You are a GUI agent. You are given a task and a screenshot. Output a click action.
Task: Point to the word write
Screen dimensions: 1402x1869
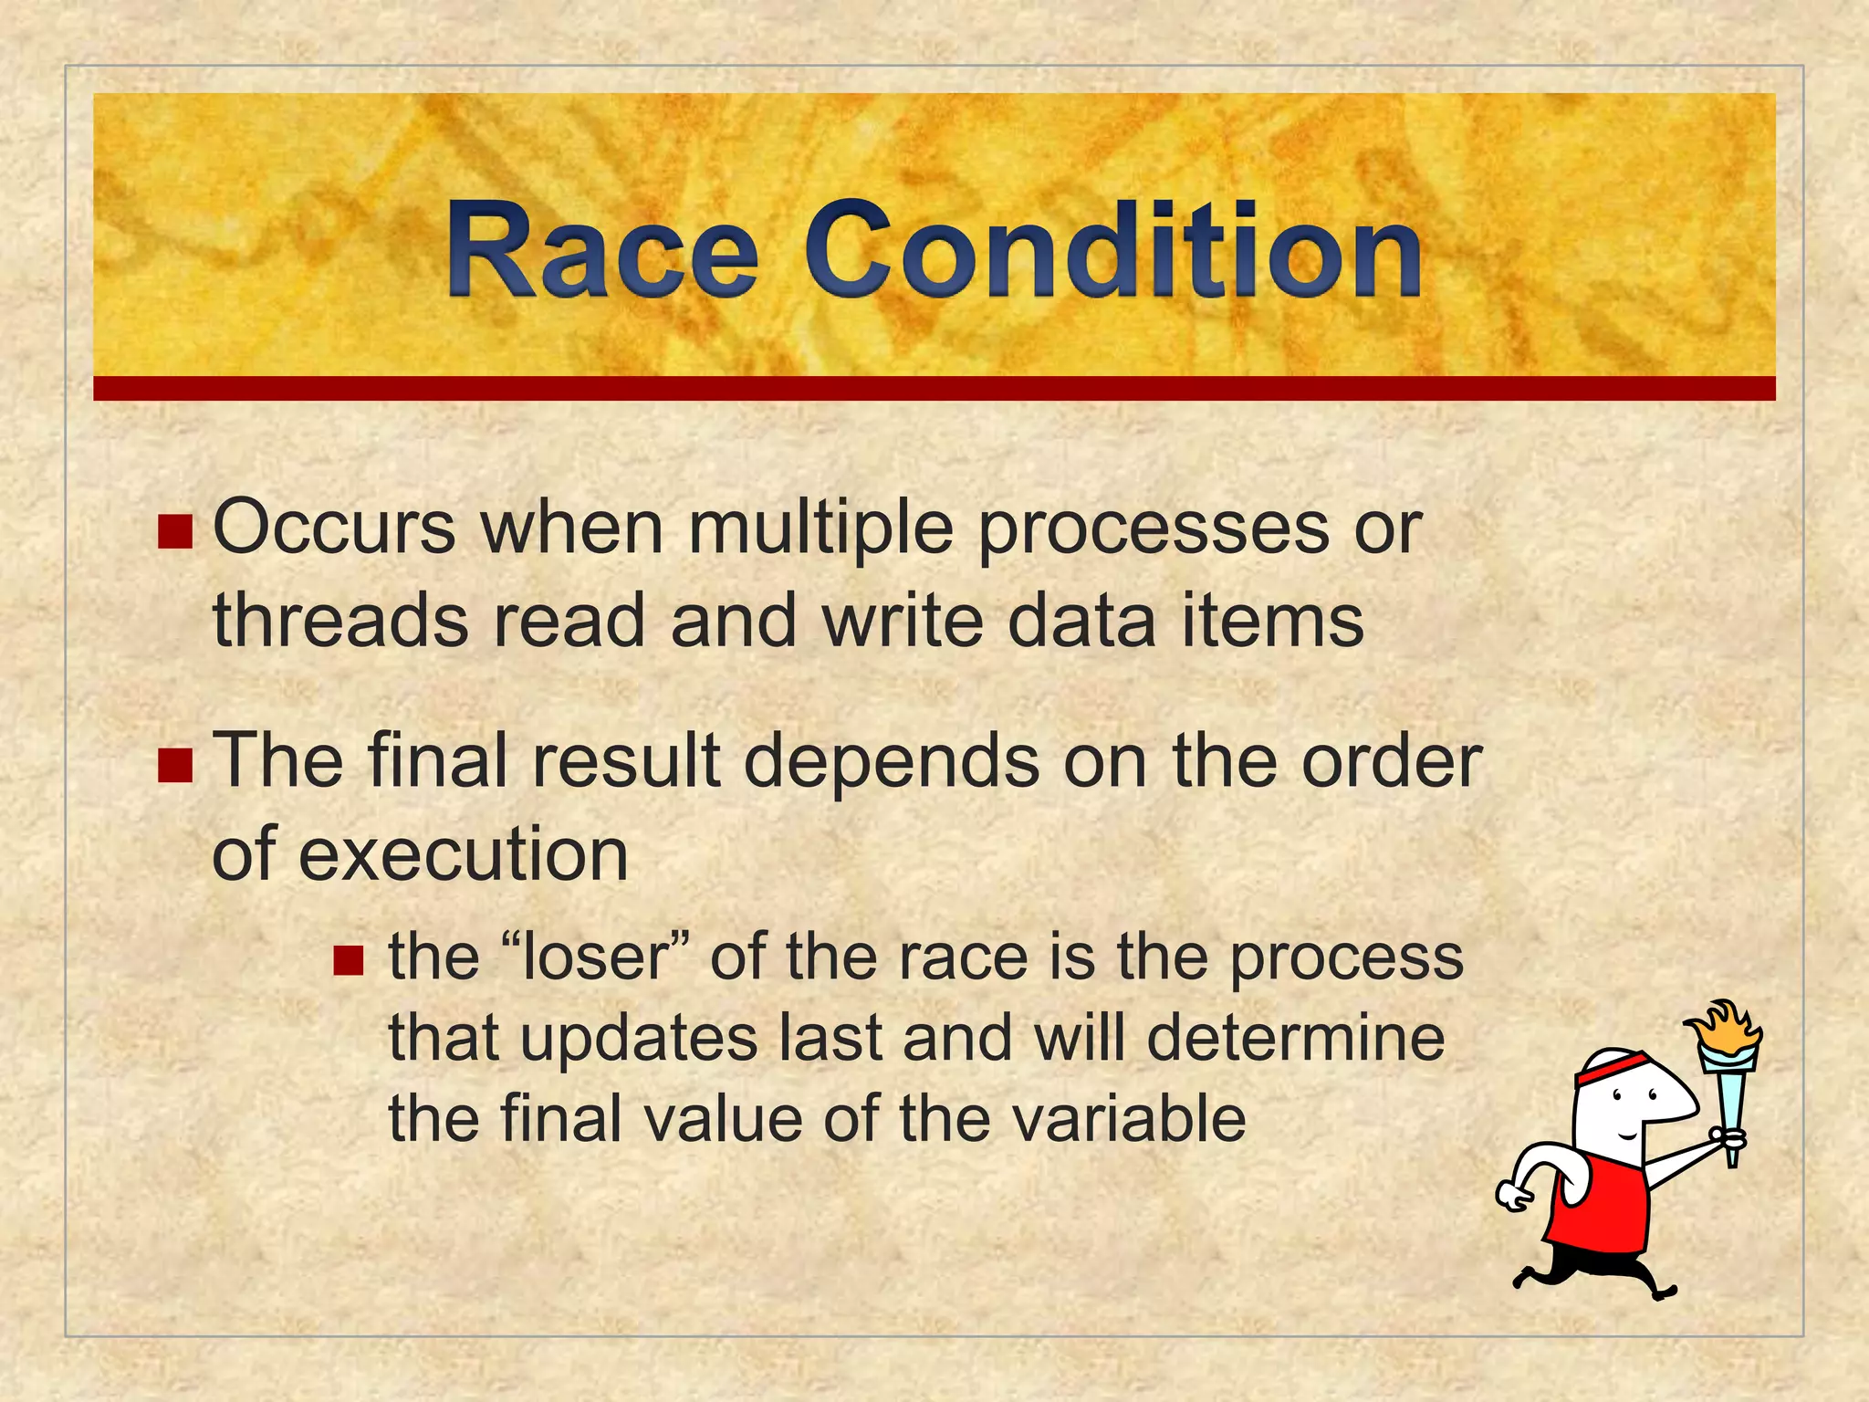[x=903, y=621]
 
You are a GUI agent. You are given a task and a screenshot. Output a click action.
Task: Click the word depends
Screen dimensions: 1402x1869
[x=891, y=763]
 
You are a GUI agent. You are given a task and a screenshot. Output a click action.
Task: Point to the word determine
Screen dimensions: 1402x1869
[x=1296, y=1038]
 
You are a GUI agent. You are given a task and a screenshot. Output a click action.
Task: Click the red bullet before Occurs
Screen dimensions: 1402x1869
[x=175, y=532]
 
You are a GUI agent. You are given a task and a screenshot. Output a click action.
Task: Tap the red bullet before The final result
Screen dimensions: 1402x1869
[x=175, y=766]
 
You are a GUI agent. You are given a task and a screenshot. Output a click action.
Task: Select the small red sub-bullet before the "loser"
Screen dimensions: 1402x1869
[x=349, y=960]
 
